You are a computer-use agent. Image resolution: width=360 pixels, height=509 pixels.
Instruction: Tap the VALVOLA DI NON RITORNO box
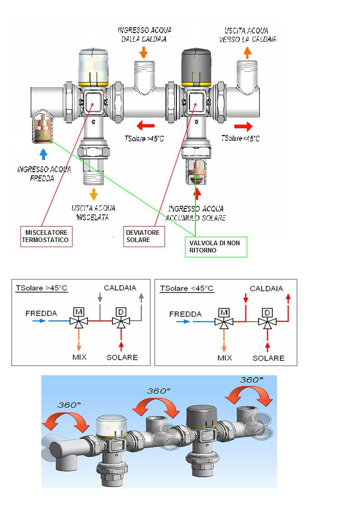(x=215, y=247)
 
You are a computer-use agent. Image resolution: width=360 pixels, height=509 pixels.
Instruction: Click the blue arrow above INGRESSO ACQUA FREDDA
(x=44, y=155)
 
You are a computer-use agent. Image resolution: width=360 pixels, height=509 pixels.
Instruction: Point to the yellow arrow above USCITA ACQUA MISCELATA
(x=93, y=194)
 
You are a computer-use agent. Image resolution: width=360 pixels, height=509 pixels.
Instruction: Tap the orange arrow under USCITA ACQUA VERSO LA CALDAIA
(x=248, y=53)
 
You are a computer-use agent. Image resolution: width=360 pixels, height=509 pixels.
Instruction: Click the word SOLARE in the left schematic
(x=122, y=357)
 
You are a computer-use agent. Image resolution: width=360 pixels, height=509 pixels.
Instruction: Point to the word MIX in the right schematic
(x=224, y=358)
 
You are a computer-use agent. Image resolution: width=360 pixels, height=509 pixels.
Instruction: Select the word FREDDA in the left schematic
(x=41, y=313)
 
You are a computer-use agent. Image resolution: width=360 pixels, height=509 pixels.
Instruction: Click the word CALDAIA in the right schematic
(x=266, y=289)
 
